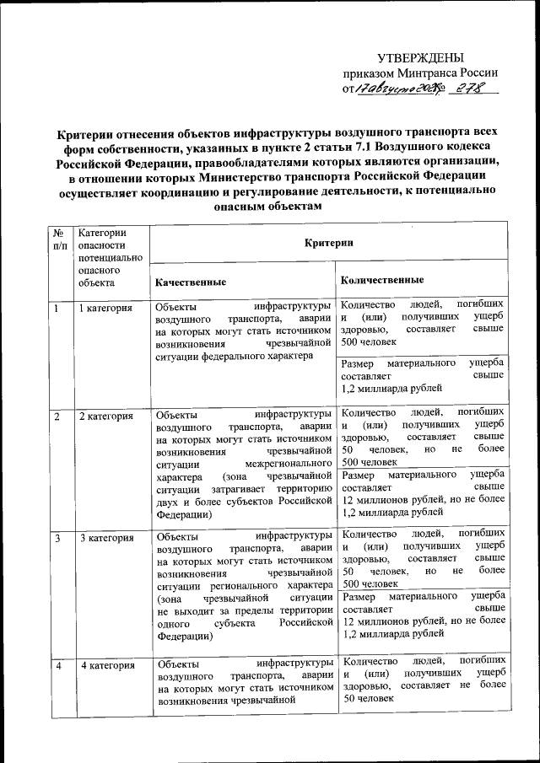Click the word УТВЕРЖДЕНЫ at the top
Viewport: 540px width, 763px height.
pos(419,57)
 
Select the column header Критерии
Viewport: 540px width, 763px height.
pos(328,243)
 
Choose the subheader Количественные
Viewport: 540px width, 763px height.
pos(383,279)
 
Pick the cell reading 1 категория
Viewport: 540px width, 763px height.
pos(105,308)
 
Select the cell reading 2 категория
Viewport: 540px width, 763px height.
pos(105,416)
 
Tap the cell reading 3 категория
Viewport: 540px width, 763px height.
pos(105,538)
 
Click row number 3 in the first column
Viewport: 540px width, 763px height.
pos(57,538)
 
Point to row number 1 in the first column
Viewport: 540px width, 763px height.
pos(57,308)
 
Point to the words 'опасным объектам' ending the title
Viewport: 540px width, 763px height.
pos(270,206)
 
